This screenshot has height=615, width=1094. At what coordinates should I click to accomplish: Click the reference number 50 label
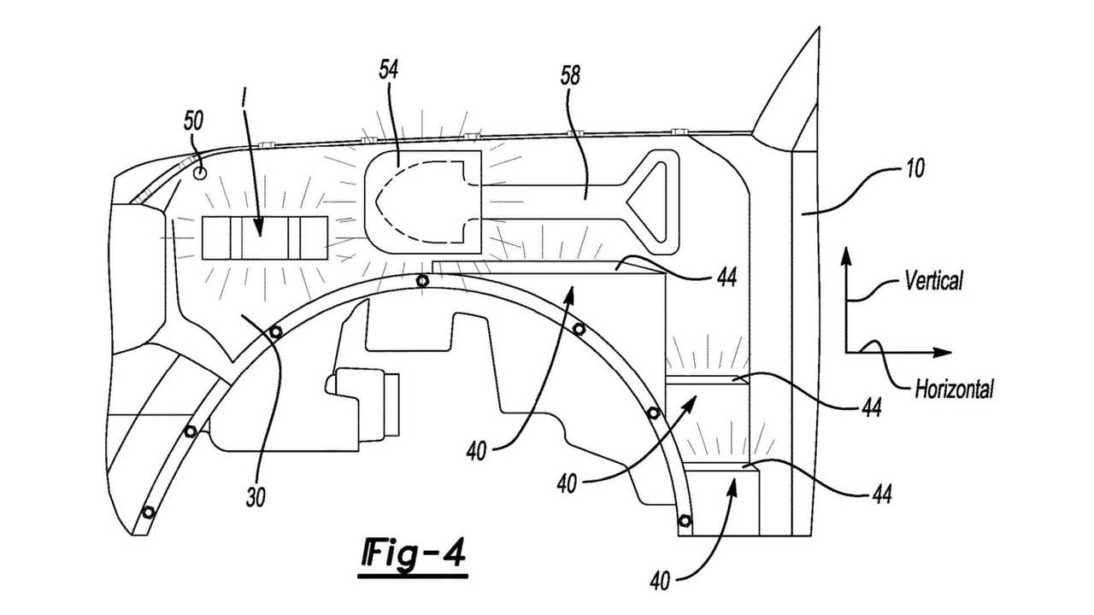point(195,121)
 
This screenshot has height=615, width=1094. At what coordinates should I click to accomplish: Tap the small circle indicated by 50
point(200,173)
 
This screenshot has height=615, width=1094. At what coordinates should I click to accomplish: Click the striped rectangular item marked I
point(264,237)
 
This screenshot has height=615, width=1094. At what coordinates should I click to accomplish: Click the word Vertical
point(932,279)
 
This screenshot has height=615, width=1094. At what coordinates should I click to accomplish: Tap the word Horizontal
point(954,389)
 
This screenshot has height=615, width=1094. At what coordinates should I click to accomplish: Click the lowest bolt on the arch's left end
point(150,512)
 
